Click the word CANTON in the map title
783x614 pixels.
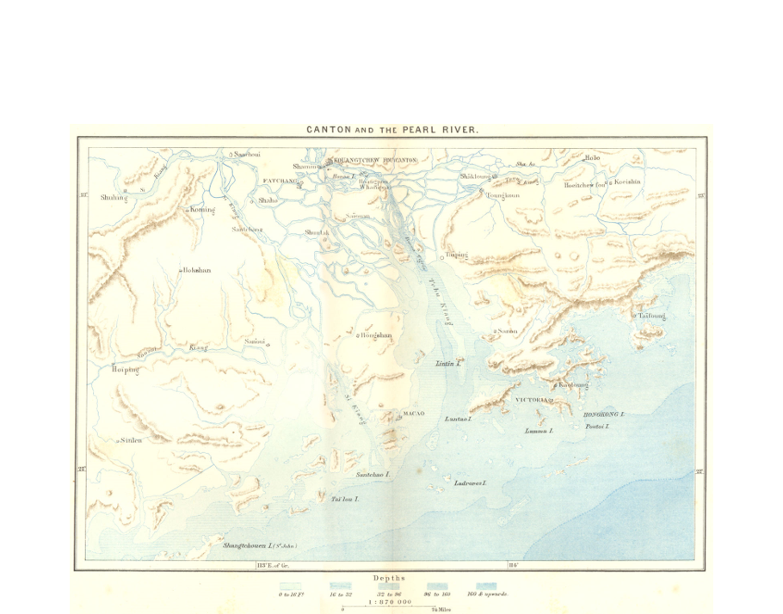tap(328, 131)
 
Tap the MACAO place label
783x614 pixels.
tap(414, 414)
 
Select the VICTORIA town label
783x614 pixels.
tap(532, 401)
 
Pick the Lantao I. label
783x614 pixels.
tap(459, 419)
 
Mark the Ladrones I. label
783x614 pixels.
tap(471, 483)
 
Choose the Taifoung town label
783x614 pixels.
tap(651, 316)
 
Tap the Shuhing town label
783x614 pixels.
tap(114, 197)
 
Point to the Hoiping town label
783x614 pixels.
tap(126, 370)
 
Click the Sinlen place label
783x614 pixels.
tap(131, 439)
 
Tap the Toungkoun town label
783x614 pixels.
tap(503, 195)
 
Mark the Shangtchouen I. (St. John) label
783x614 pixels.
tap(259, 545)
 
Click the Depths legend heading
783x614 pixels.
tap(389, 578)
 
